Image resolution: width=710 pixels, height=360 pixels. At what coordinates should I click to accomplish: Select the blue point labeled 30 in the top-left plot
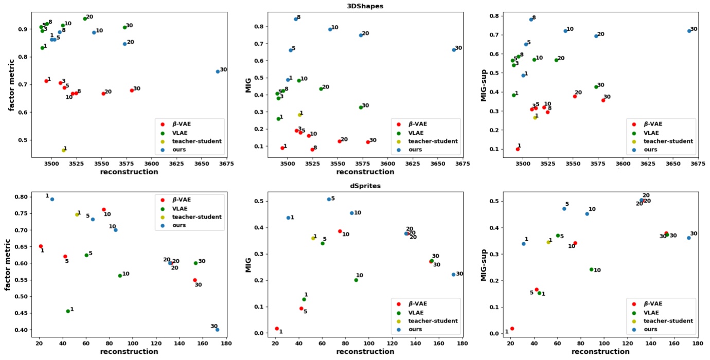(x=218, y=71)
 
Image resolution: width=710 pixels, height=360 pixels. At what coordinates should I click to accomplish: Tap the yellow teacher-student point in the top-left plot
(x=64, y=150)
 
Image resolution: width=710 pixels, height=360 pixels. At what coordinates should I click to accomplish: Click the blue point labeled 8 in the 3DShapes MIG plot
(x=296, y=19)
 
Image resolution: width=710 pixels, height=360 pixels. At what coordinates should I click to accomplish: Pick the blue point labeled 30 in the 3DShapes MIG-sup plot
(x=689, y=31)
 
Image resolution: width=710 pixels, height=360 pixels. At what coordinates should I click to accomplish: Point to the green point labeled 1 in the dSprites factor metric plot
(x=68, y=311)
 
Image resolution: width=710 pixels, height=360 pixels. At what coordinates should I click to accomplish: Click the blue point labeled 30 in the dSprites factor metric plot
(x=217, y=330)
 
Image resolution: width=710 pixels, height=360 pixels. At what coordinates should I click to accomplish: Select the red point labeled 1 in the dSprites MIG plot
(x=277, y=328)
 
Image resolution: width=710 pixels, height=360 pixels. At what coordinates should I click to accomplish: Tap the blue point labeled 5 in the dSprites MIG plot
(x=329, y=199)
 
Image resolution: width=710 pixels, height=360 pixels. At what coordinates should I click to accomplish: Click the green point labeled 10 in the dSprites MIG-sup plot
(x=591, y=269)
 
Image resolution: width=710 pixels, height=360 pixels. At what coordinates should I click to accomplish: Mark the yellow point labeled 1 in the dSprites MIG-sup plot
(x=548, y=242)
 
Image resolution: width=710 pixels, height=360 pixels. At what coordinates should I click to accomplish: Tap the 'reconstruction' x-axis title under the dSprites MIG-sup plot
(x=600, y=352)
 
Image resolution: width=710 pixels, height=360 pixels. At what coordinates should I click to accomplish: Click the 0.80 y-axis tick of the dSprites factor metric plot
(x=24, y=197)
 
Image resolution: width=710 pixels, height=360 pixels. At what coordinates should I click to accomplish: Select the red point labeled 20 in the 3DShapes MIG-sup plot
(x=575, y=96)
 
